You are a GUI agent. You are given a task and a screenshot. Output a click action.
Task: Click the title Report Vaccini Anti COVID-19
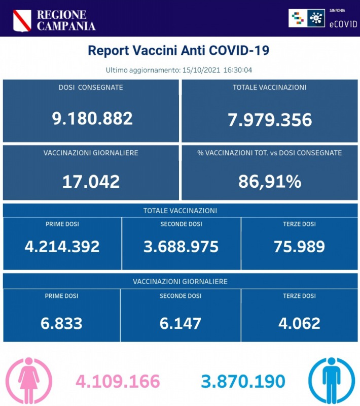coord(178,51)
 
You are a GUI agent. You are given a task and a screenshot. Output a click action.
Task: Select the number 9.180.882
coord(92,118)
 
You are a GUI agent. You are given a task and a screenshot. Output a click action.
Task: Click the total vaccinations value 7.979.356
coord(269,120)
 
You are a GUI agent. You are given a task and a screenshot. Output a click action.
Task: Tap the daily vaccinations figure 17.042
coord(91,181)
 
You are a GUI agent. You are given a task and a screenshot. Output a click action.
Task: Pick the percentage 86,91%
coord(270,181)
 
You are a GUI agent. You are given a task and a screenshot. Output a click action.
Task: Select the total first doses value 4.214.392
coord(62,246)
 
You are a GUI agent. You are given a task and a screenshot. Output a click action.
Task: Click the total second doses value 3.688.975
coord(181,246)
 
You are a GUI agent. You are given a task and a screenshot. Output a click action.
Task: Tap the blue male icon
coord(331,381)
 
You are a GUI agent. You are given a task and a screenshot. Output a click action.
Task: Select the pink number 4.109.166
coord(118,381)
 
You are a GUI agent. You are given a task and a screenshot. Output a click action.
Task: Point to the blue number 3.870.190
coord(243,381)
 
